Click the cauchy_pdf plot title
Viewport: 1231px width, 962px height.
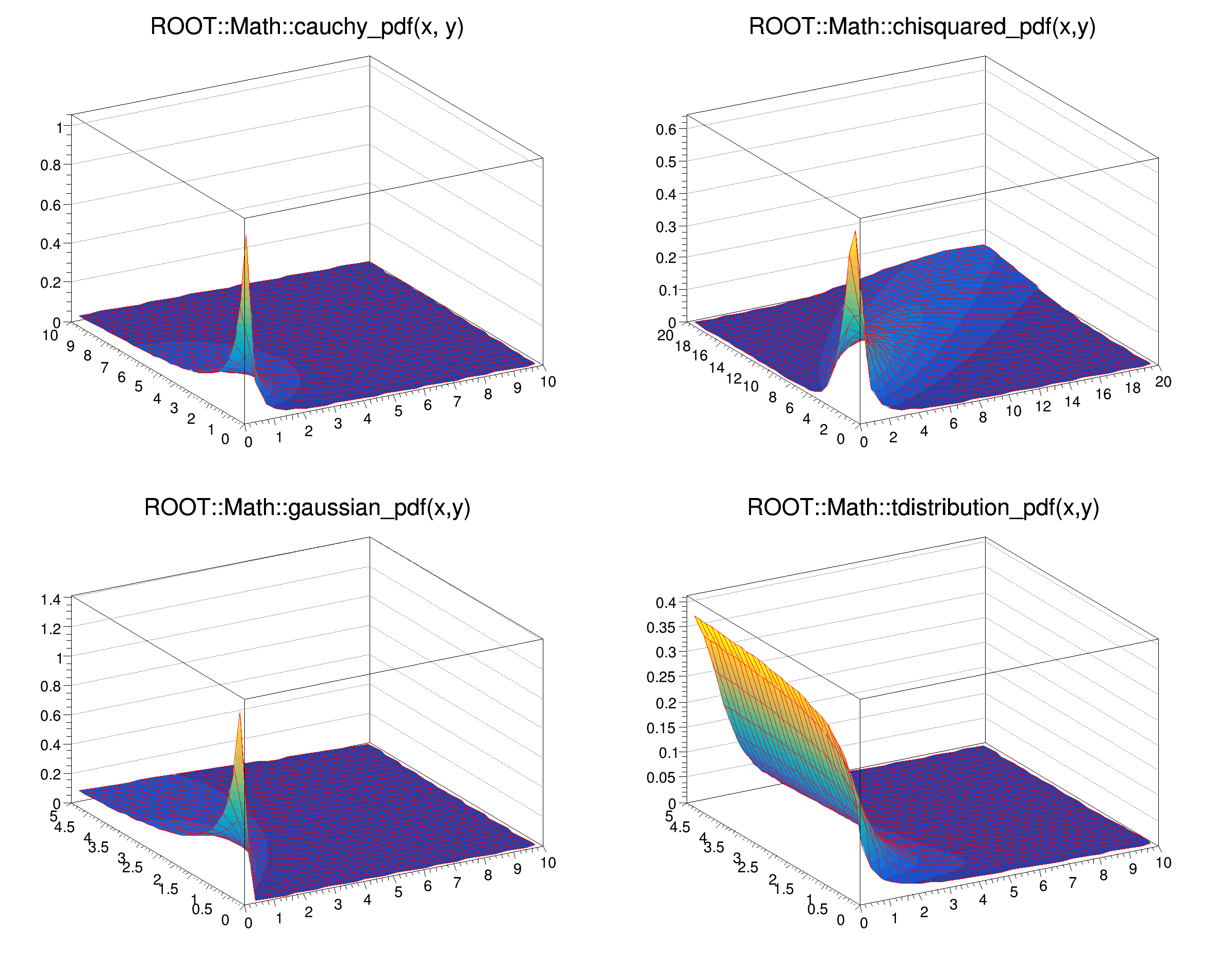(x=307, y=27)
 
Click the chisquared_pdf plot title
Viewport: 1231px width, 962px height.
(x=922, y=27)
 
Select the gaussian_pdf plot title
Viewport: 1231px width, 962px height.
(x=307, y=508)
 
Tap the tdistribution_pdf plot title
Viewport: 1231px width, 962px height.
(x=923, y=508)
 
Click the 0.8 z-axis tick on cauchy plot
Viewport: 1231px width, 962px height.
(x=51, y=165)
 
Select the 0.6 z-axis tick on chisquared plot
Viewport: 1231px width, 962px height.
(x=666, y=129)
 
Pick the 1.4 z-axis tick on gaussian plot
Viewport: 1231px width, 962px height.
(x=51, y=600)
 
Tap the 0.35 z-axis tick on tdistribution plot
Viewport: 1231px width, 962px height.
(x=660, y=628)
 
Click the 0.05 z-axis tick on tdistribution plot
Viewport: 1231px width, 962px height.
(x=660, y=778)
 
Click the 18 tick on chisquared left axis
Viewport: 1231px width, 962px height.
(x=683, y=346)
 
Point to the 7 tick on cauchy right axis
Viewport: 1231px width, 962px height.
(x=457, y=402)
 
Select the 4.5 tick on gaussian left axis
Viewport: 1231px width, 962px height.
(x=64, y=827)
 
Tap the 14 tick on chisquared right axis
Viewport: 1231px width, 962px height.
(x=1072, y=402)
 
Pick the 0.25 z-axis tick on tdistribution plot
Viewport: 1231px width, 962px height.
(x=660, y=677)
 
